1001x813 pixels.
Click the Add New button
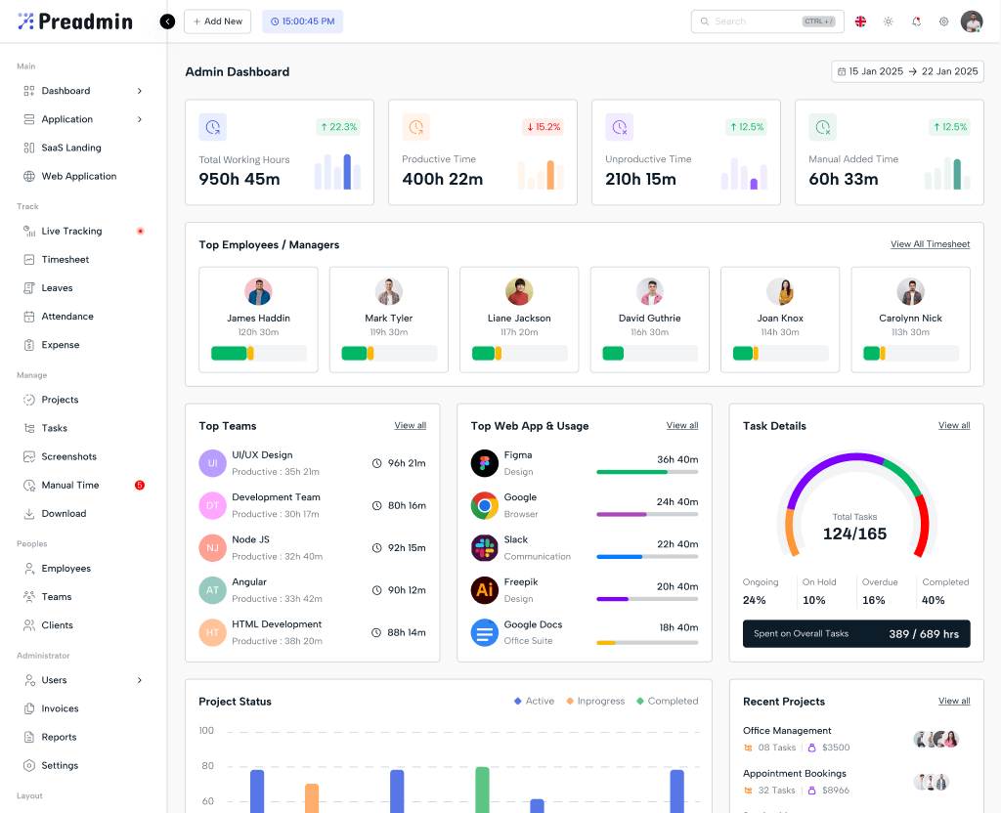(x=217, y=21)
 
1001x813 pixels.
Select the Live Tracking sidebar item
(x=71, y=232)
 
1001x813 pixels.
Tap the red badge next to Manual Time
(x=140, y=485)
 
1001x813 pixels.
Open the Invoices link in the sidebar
(x=60, y=708)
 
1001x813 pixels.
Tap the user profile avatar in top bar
(x=971, y=21)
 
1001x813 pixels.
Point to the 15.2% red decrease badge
(x=543, y=127)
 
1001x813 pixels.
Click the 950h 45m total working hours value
(x=239, y=179)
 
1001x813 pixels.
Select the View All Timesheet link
(x=930, y=244)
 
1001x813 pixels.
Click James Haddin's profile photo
(x=258, y=291)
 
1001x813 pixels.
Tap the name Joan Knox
(x=780, y=319)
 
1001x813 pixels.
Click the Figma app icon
(x=485, y=463)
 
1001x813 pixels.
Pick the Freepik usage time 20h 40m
(x=677, y=586)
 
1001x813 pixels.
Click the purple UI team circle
(x=212, y=463)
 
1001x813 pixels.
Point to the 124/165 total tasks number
(x=854, y=534)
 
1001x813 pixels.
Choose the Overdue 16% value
(x=873, y=600)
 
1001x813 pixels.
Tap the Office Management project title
(x=787, y=731)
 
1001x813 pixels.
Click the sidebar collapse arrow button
(x=167, y=21)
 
